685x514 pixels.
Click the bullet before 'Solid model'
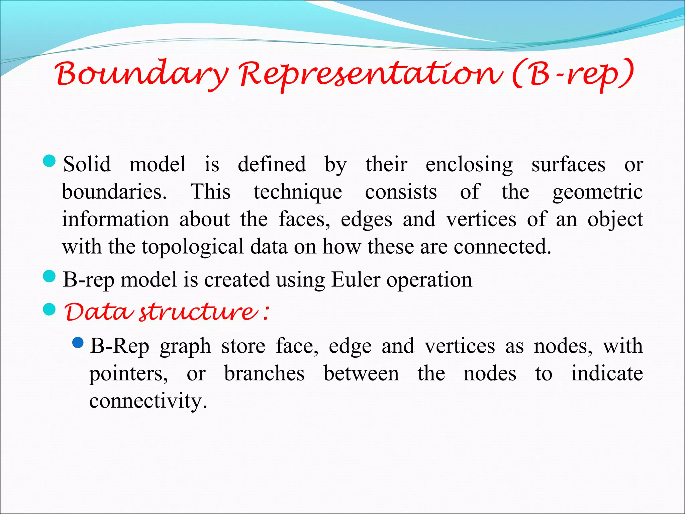(x=49, y=161)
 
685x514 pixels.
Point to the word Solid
(x=87, y=164)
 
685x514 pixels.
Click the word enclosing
(x=469, y=165)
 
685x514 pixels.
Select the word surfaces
(x=568, y=164)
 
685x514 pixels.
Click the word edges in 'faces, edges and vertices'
(x=366, y=220)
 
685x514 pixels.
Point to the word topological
(x=192, y=247)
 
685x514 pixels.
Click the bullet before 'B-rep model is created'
(x=49, y=276)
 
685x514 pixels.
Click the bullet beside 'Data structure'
(x=49, y=310)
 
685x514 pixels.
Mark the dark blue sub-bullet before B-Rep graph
(x=78, y=343)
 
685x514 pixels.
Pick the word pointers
(x=128, y=374)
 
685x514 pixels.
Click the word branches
(x=264, y=373)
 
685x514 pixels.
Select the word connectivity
(x=148, y=401)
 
